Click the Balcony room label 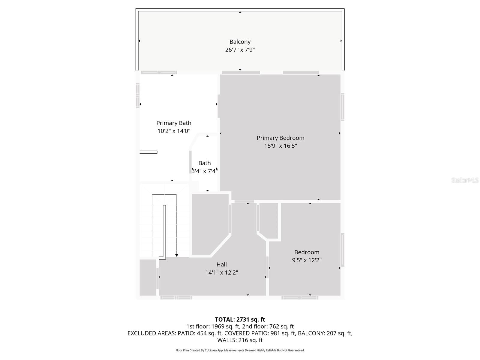(x=240, y=42)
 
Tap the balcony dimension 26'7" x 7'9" (x=240, y=50)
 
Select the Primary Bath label (x=174, y=123)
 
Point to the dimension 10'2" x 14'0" (x=174, y=131)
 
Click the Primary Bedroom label (x=280, y=138)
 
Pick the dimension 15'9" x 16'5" (x=280, y=146)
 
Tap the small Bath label (x=205, y=163)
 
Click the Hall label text (x=222, y=265)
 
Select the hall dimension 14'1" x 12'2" (x=222, y=273)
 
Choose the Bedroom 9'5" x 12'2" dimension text (x=307, y=260)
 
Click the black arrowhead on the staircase (x=177, y=255)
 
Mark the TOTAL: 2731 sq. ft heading (x=240, y=319)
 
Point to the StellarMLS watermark (x=465, y=180)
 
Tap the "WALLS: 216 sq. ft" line (x=240, y=340)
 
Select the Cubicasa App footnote (x=240, y=350)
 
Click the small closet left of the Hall (x=148, y=277)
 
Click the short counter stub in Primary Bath (x=148, y=152)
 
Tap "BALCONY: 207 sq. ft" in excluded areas (x=325, y=333)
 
